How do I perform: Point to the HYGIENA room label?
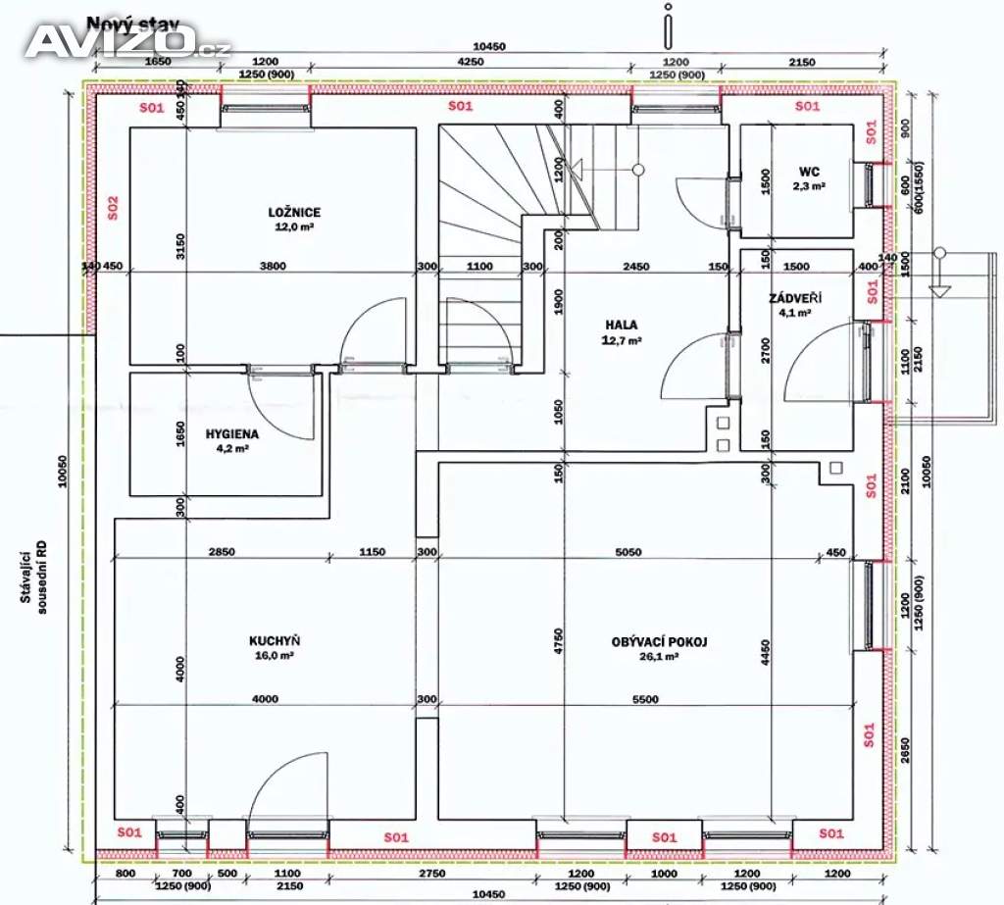click(x=231, y=433)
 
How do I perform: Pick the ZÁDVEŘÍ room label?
click(x=795, y=298)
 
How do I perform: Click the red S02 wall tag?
click(x=114, y=208)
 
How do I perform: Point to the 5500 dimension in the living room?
click(x=645, y=699)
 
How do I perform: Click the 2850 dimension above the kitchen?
click(x=222, y=552)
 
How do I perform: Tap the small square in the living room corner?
click(x=836, y=470)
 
